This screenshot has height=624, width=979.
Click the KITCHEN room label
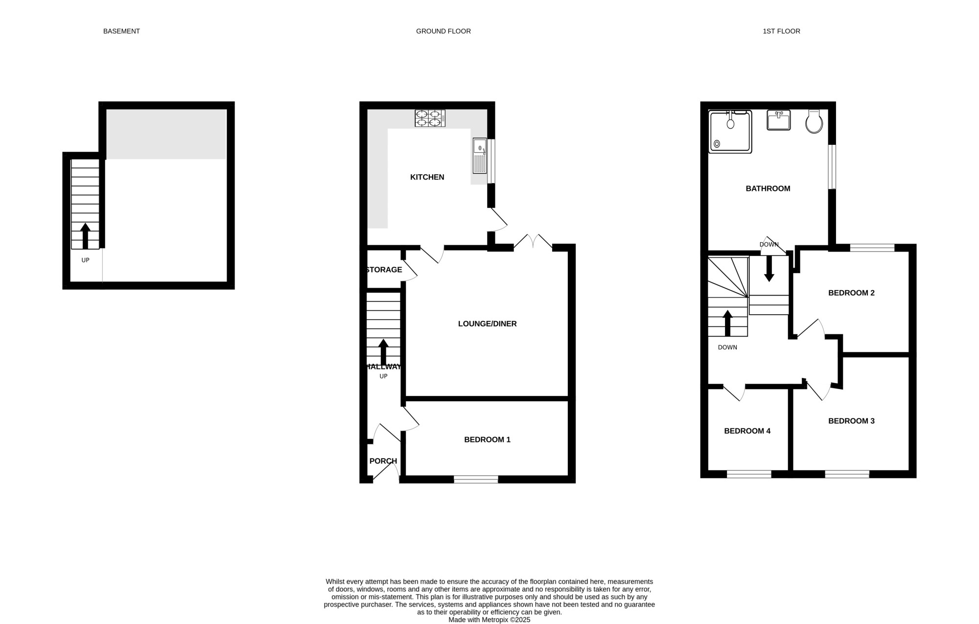coord(427,177)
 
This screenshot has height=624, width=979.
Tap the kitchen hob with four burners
coord(430,118)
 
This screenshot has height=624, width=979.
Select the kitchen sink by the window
coord(480,156)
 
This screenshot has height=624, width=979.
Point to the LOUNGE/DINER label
coord(487,324)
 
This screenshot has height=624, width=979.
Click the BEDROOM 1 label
coord(487,439)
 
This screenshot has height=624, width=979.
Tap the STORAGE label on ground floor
coord(384,270)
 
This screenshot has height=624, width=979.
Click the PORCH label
coord(383,461)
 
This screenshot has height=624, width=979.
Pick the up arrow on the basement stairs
coord(85,236)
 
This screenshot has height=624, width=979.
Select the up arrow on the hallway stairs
coord(383,352)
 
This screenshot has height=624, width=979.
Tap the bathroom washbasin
coord(778,120)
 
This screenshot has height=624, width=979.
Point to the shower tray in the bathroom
coord(730,131)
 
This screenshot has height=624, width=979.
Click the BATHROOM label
coord(768,188)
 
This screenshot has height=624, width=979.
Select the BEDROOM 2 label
coord(851,293)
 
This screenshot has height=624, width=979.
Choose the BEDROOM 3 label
coord(851,421)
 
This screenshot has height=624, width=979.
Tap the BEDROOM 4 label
coord(747,431)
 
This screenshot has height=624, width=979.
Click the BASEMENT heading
coord(121,31)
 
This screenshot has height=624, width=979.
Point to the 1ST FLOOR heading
coord(781,31)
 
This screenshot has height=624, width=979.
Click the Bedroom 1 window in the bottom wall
coord(476,479)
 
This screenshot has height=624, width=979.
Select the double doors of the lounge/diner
coord(533,242)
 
